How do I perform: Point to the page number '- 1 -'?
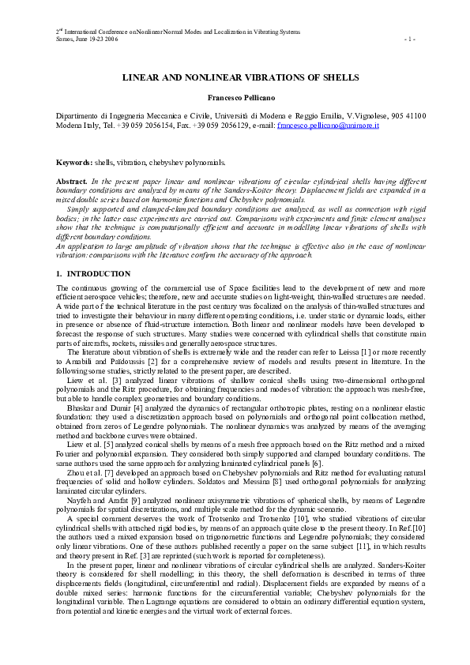pyautogui.click(x=408, y=38)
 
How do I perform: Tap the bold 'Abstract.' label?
pyautogui.click(x=72, y=182)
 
